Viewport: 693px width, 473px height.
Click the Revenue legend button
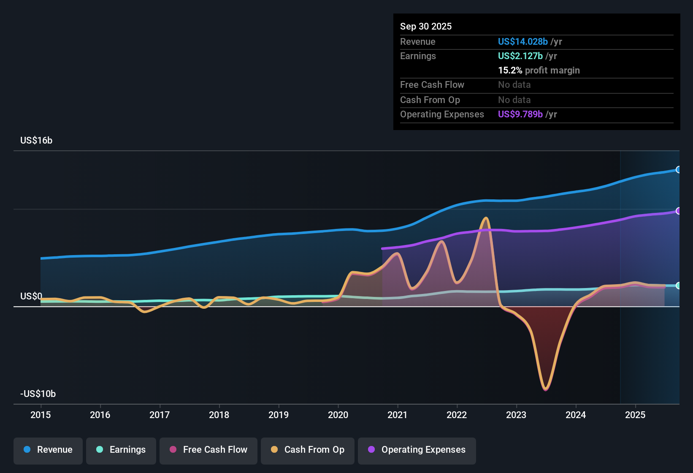pyautogui.click(x=48, y=450)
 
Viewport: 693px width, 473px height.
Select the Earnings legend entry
pyautogui.click(x=121, y=450)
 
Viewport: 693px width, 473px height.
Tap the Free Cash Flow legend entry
pyautogui.click(x=208, y=450)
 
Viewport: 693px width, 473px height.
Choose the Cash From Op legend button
pyautogui.click(x=308, y=450)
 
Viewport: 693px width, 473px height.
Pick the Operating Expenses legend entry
pyautogui.click(x=417, y=450)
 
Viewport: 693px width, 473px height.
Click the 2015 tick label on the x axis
pyautogui.click(x=41, y=415)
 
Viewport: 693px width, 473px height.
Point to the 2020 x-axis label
pyautogui.click(x=338, y=415)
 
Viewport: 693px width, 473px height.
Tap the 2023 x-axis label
pyautogui.click(x=516, y=415)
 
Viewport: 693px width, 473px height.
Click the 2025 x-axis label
pyautogui.click(x=635, y=415)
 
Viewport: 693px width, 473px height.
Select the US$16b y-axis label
pyautogui.click(x=36, y=141)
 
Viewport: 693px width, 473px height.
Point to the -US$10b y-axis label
pyautogui.click(x=38, y=394)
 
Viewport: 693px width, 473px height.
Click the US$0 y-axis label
pyautogui.click(x=31, y=296)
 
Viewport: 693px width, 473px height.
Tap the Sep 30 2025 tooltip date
pyautogui.click(x=426, y=26)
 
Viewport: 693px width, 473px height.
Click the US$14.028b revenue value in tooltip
pyautogui.click(x=522, y=41)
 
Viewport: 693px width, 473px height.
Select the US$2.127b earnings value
pyautogui.click(x=520, y=56)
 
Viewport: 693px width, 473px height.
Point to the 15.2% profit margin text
pyautogui.click(x=539, y=70)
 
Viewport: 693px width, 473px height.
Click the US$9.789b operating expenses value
pyautogui.click(x=520, y=114)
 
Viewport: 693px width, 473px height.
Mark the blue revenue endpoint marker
pyautogui.click(x=678, y=170)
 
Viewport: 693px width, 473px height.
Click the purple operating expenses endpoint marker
pyautogui.click(x=678, y=211)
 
